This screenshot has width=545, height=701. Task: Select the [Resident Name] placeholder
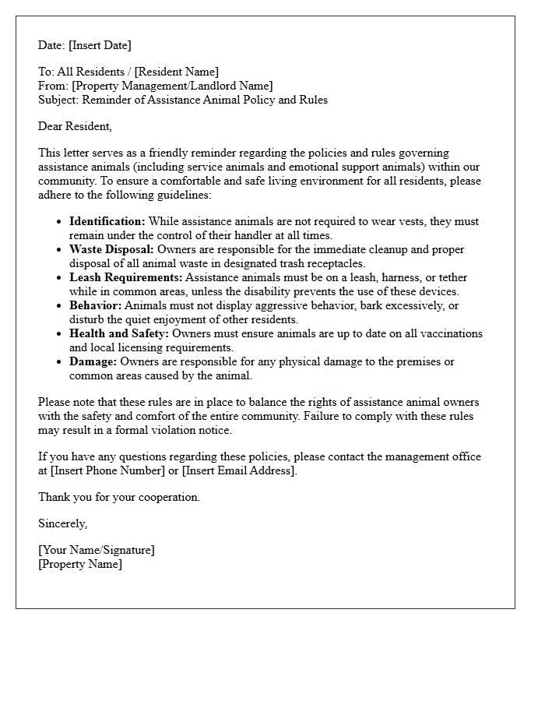pos(178,72)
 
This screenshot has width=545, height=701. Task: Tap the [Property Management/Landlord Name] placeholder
pos(172,86)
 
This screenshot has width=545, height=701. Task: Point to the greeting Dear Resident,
pos(75,126)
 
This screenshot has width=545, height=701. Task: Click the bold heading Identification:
pos(107,221)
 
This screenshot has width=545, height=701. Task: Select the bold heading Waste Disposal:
pos(112,249)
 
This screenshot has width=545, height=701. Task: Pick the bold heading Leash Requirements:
pos(126,277)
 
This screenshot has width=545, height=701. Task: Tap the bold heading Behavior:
pos(96,305)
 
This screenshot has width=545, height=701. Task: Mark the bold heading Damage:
pos(93,361)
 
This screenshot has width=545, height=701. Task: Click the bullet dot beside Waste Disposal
pos(60,250)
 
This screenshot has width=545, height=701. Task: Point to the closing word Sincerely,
pos(63,523)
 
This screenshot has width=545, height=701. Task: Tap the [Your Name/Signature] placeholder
pos(97,550)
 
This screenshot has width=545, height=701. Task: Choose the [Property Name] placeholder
pos(80,564)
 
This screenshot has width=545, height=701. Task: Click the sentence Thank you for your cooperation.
pos(119,497)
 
